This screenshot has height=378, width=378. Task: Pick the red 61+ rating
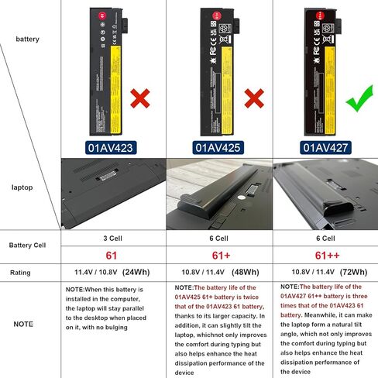click(219, 255)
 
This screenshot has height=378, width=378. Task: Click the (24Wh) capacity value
click(138, 273)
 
